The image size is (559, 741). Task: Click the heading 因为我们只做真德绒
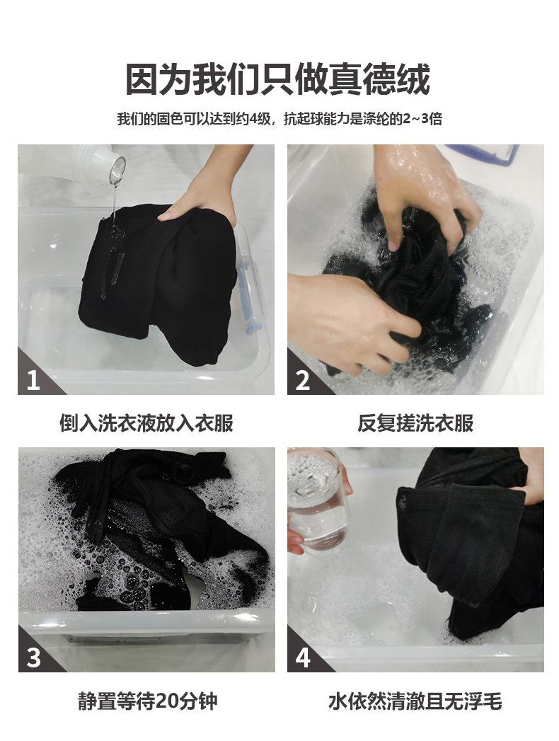tap(278, 80)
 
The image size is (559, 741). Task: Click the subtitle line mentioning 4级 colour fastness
tap(279, 119)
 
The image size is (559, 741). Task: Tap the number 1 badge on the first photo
tap(33, 379)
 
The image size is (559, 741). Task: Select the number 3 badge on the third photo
tap(33, 657)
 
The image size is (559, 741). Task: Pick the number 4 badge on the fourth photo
tap(302, 657)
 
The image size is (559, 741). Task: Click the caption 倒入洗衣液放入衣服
tap(146, 423)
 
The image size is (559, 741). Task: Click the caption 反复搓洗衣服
tap(415, 423)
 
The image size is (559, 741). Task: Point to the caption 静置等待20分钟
tap(147, 701)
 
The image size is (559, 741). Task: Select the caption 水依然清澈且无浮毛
tap(415, 701)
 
